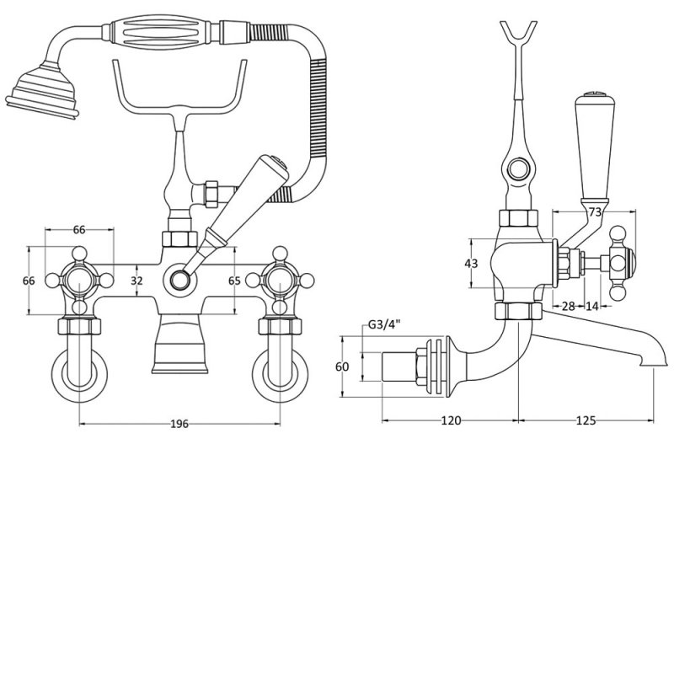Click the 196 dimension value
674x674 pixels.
(x=179, y=424)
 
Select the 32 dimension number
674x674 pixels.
(x=136, y=280)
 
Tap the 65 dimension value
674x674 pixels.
(x=235, y=280)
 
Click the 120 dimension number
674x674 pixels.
(x=450, y=421)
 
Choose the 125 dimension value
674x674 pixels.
(x=586, y=421)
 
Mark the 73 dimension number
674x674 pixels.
(x=595, y=213)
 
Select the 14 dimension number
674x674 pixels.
(x=592, y=306)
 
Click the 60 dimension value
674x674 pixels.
(x=341, y=366)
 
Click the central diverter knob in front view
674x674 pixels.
(x=179, y=278)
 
